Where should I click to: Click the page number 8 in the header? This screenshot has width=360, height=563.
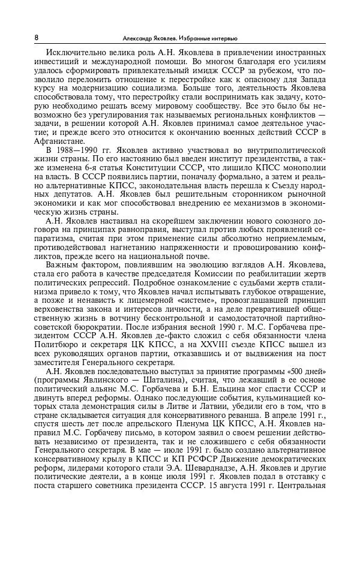37,37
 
